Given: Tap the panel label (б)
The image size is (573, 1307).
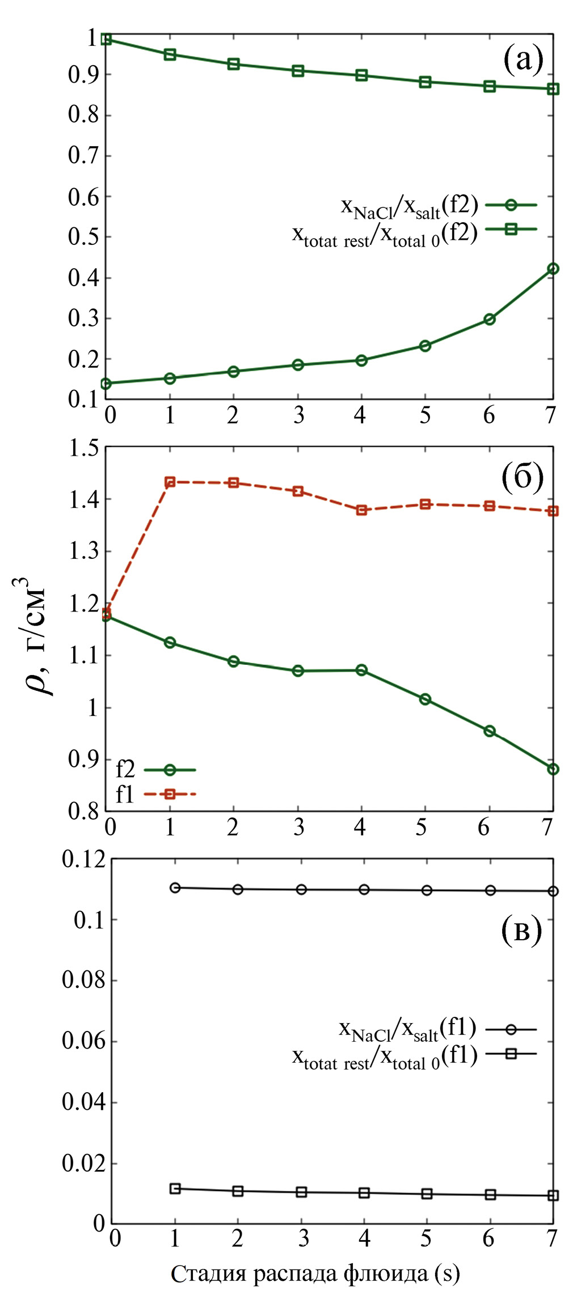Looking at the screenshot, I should [x=523, y=477].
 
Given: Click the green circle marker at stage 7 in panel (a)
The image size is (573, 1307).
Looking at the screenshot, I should [x=553, y=269].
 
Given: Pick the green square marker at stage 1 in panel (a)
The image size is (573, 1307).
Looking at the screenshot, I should [x=170, y=54].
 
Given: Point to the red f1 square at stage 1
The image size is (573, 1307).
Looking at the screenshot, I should [x=170, y=482].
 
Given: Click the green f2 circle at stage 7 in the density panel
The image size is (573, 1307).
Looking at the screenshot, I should [x=553, y=769].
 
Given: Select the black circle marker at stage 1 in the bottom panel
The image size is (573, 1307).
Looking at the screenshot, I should [x=175, y=888].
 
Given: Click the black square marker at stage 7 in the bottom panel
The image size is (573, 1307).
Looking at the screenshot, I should [x=553, y=1195].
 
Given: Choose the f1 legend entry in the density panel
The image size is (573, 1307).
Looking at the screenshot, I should [x=155, y=795].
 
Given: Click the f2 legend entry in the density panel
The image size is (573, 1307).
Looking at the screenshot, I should [x=155, y=770].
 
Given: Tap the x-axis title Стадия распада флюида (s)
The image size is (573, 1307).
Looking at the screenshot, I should [x=315, y=1274].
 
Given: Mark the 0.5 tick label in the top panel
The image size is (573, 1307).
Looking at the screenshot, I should [x=83, y=237].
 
